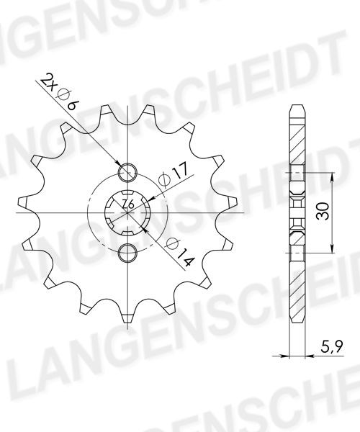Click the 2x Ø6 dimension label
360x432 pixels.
(x=60, y=91)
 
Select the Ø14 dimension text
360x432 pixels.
(x=180, y=253)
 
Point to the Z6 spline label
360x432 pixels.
(x=128, y=204)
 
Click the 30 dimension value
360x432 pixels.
(x=323, y=212)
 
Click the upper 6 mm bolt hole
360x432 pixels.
(x=127, y=173)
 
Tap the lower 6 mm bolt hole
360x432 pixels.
(x=127, y=253)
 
